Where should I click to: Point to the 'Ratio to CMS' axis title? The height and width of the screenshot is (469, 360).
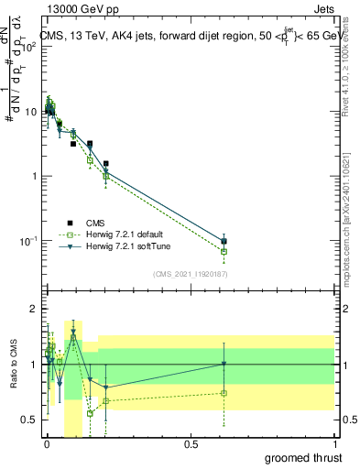13,364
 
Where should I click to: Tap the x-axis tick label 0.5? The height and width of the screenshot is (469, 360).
190,444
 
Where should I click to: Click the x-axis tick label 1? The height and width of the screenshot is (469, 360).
333,444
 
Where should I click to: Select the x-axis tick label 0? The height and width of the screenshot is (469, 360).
47,444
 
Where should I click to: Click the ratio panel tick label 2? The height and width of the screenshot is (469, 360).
34,309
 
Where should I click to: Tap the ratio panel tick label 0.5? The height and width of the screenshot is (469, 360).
30,420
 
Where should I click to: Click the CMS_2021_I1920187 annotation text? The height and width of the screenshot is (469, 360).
190,274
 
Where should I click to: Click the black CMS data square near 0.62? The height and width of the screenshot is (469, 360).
224,241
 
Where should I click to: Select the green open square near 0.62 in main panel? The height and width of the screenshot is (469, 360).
224,251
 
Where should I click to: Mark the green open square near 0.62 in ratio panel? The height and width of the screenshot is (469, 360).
224,393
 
